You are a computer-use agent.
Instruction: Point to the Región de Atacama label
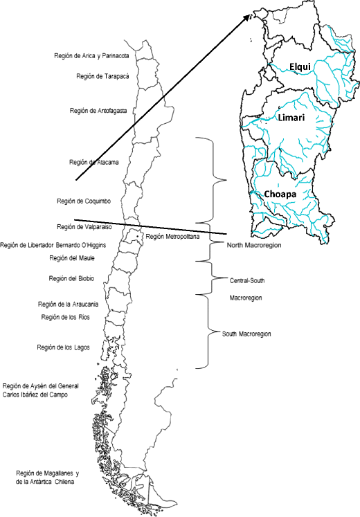pyautogui.click(x=94, y=162)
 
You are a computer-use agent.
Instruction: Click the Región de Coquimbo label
pyautogui.click(x=84, y=201)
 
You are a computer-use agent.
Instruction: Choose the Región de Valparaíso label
pyautogui.click(x=85, y=226)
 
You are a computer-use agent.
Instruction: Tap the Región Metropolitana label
pyautogui.click(x=172, y=237)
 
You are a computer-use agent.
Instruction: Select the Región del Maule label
pyautogui.click(x=72, y=258)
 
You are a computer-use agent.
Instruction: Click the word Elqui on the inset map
pyautogui.click(x=301, y=66)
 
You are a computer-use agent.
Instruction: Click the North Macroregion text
pyautogui.click(x=254, y=244)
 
